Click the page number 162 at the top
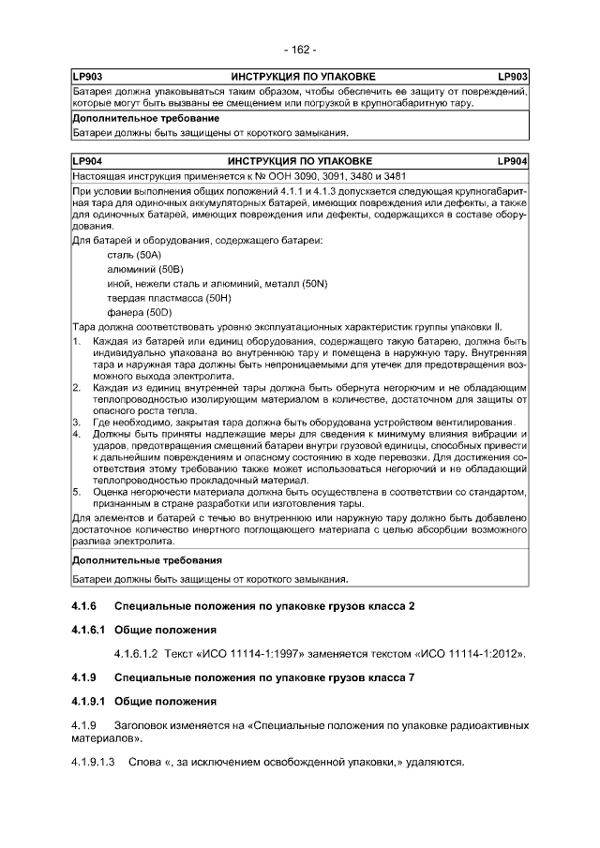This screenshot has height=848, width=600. pyautogui.click(x=300, y=49)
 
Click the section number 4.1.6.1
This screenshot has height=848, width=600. pyautogui.click(x=89, y=630)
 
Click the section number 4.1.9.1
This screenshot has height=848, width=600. pyautogui.click(x=89, y=701)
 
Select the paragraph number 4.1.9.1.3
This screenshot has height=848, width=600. pyautogui.click(x=93, y=762)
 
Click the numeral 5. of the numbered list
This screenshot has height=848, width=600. pyautogui.click(x=77, y=490)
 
